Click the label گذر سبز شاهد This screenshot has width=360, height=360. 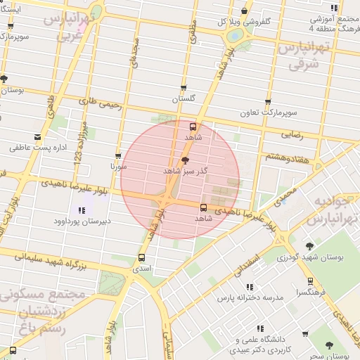(x=184, y=171)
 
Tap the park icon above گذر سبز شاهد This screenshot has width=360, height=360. (x=185, y=161)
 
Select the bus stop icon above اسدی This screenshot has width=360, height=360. (x=142, y=257)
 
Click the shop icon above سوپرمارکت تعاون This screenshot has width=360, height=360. (x=268, y=102)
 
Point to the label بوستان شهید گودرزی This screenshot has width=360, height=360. (x=309, y=258)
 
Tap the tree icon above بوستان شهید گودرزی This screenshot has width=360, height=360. (x=309, y=246)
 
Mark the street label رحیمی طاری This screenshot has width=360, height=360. (x=100, y=103)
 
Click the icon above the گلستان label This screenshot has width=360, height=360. (x=184, y=89)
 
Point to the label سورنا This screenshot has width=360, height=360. (x=117, y=167)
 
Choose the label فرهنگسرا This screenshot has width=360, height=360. (x=310, y=291)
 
